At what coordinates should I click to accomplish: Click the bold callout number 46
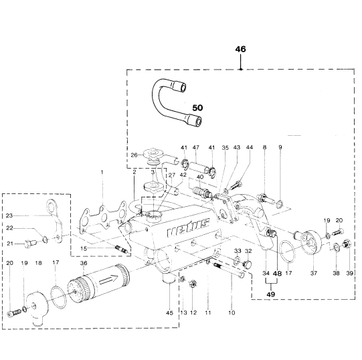point(241,50)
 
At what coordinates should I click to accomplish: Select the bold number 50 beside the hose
point(197,108)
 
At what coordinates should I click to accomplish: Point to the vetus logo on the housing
point(188,228)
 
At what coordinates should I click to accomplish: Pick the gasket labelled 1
point(102,217)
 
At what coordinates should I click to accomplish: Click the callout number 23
point(9,215)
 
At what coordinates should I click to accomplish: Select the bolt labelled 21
point(30,244)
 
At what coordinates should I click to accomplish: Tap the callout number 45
point(169,312)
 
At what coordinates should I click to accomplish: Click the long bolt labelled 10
point(229,270)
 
